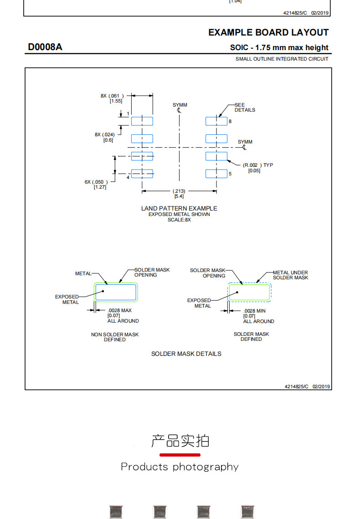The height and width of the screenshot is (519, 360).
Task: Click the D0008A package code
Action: tap(45, 47)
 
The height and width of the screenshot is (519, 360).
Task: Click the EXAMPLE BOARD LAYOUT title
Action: tap(268, 32)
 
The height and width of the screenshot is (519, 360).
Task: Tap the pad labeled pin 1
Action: tap(142, 121)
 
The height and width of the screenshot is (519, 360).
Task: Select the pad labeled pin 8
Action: tap(216, 121)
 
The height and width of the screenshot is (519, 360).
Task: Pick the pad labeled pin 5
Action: tap(216, 174)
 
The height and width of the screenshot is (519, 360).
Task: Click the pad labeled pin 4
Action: tap(142, 174)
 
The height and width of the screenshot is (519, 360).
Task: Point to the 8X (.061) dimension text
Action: tap(113, 98)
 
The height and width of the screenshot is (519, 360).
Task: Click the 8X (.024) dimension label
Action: tap(105, 137)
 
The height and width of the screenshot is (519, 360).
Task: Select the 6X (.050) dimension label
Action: tap(96, 185)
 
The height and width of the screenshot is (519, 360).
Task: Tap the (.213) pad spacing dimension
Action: tap(179, 193)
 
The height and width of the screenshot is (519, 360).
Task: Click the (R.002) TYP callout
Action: tap(258, 168)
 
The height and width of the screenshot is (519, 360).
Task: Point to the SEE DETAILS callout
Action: tap(245, 107)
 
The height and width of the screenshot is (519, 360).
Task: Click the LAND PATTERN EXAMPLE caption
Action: tap(179, 208)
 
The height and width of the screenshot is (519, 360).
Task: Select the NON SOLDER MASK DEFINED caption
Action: tap(115, 337)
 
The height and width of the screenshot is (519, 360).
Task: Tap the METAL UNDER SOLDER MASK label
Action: tap(290, 275)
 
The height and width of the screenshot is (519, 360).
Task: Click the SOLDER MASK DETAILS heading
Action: tap(186, 354)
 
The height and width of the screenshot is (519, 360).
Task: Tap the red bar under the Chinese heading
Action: tap(180, 455)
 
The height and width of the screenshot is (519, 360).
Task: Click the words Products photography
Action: tap(180, 467)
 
